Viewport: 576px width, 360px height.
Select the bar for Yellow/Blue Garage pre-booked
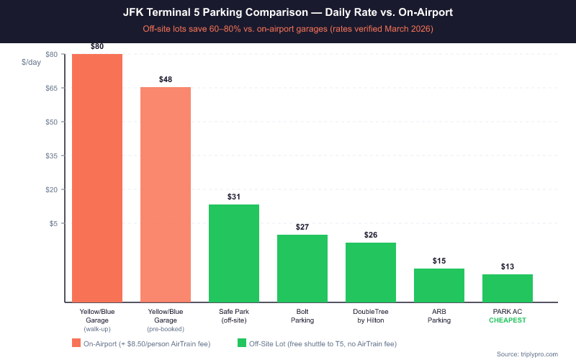(166, 194)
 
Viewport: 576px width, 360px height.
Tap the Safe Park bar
(234, 253)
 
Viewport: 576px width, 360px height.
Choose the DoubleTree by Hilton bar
(371, 272)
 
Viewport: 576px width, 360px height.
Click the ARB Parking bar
(439, 285)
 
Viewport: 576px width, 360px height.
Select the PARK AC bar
(508, 288)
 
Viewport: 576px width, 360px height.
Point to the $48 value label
(166, 79)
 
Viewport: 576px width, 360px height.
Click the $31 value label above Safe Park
(234, 197)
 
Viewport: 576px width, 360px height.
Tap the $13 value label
(508, 266)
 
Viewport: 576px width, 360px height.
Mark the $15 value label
(439, 261)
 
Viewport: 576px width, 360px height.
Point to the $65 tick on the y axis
(52, 88)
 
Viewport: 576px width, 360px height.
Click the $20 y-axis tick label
(52, 189)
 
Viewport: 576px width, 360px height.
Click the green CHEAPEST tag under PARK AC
(508, 320)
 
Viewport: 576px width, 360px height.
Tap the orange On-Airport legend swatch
(76, 343)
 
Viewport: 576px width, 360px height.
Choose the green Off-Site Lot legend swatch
(242, 343)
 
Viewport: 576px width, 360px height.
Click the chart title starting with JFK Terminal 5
(287, 13)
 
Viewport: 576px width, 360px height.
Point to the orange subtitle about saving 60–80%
(287, 29)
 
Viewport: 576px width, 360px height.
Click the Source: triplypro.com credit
(532, 354)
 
